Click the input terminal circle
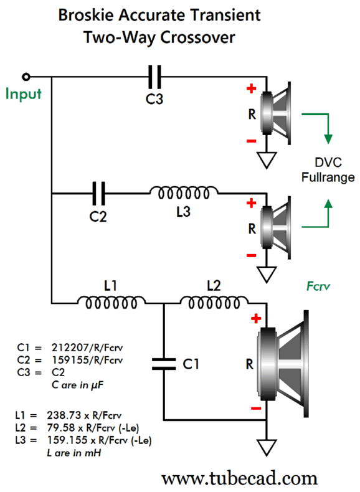(x=26, y=77)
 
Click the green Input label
(x=24, y=94)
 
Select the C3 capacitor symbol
(x=154, y=77)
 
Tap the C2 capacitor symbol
(x=98, y=193)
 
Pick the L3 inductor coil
(x=184, y=193)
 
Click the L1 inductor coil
(x=111, y=303)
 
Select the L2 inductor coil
(x=214, y=303)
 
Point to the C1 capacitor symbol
(x=164, y=364)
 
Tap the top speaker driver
(x=275, y=113)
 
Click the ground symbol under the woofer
(x=267, y=447)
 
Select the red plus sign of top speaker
(x=251, y=88)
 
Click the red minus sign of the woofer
(x=256, y=408)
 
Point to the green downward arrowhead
(x=328, y=139)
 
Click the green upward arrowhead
(x=328, y=204)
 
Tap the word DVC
(x=328, y=163)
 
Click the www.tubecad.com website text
(x=239, y=479)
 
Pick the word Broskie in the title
(x=86, y=15)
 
